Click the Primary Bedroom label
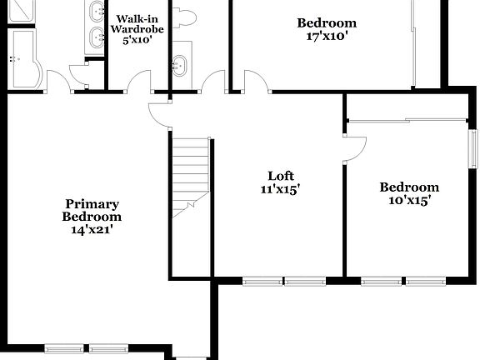[x=92, y=210]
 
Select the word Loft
[x=280, y=176]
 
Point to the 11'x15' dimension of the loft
[x=280, y=189]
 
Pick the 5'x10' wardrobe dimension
[x=137, y=39]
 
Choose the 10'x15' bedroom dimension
[x=408, y=201]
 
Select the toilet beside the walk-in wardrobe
[x=185, y=18]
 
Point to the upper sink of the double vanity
[x=94, y=12]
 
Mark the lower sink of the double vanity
[x=94, y=35]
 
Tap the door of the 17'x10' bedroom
[x=255, y=82]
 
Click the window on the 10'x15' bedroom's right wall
[x=472, y=143]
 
